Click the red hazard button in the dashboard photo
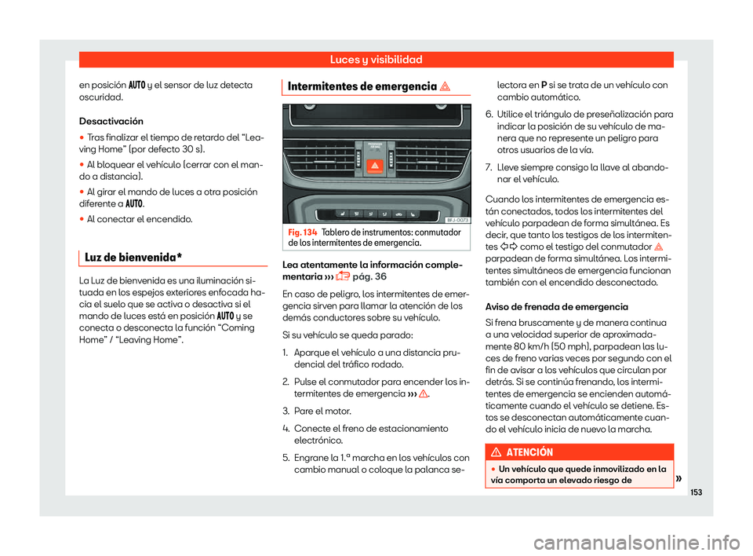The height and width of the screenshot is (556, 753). pos(375,166)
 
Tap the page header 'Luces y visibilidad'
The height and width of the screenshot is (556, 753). pos(376,60)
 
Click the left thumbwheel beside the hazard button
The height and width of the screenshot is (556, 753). pos(354,166)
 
